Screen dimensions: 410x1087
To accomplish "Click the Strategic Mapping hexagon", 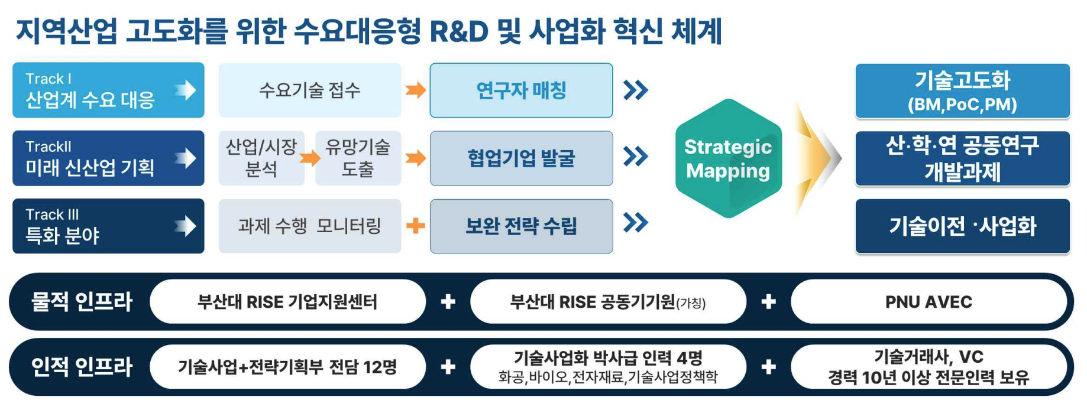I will click(x=728, y=158).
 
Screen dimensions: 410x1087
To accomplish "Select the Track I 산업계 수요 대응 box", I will click(x=108, y=90).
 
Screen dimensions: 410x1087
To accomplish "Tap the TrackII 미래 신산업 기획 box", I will click(x=108, y=158).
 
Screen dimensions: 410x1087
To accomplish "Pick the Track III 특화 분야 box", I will click(x=108, y=226).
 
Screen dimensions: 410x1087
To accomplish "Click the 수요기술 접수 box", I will click(x=309, y=90).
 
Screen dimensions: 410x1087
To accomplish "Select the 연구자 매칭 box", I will click(x=521, y=90).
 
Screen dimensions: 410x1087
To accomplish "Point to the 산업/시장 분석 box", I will click(x=261, y=158).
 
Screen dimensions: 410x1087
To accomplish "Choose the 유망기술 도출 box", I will click(x=358, y=158).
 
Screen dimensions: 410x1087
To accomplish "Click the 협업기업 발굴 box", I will click(x=521, y=158).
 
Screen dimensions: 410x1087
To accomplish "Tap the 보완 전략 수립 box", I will click(x=521, y=226).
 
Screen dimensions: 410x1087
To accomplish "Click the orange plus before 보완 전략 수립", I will click(x=416, y=226).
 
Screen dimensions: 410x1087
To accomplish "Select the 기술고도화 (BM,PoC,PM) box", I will click(x=962, y=91).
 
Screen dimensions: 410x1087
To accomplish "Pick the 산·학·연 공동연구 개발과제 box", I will click(x=962, y=158).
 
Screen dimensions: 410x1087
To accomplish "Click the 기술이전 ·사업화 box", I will click(x=962, y=226).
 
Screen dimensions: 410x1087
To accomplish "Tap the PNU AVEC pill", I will click(x=928, y=302).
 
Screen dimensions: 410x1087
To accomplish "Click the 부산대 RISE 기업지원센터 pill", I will click(x=287, y=302).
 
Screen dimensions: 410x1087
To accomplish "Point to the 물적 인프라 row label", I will click(x=82, y=302).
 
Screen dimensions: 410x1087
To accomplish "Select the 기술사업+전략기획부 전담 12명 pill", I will click(x=287, y=367).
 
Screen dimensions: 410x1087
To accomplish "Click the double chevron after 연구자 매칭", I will click(x=636, y=90).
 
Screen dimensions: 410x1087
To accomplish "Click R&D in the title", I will click(x=458, y=31).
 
